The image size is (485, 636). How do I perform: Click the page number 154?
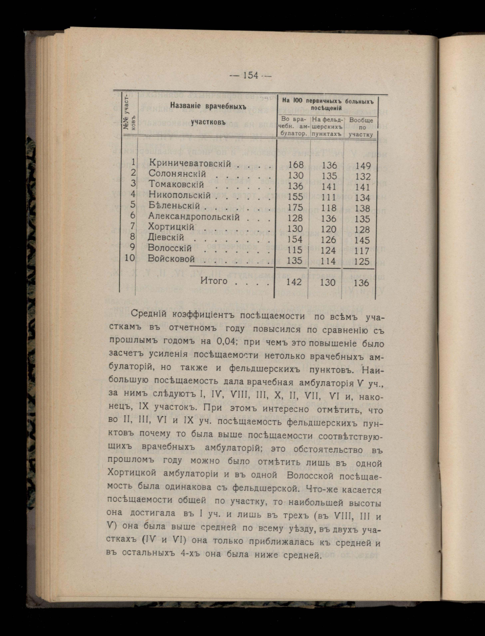pyautogui.click(x=251, y=75)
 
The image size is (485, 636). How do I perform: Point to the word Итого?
pyautogui.click(x=214, y=281)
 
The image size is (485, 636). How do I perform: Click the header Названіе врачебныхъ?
pyautogui.click(x=208, y=106)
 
